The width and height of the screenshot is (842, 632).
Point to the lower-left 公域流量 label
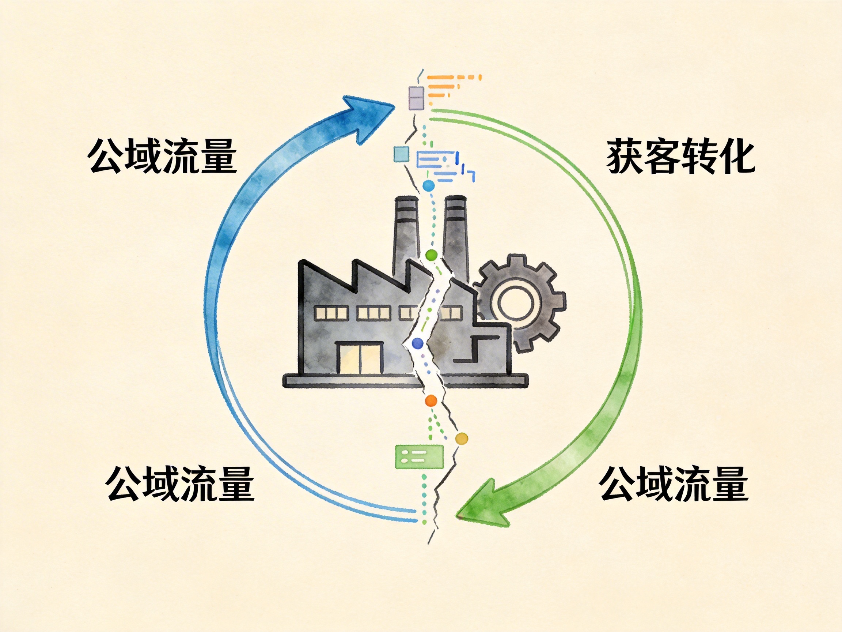coord(180,484)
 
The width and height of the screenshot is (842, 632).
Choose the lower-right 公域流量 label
coord(674,484)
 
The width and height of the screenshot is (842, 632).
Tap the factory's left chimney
coord(406,236)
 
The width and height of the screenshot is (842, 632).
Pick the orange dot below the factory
coord(431,400)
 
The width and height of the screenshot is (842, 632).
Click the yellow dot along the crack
coord(461,439)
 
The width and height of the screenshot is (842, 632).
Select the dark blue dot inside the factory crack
coord(418,343)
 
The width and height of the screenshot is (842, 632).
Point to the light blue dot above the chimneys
coord(429,186)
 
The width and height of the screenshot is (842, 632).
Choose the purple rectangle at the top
coord(416,98)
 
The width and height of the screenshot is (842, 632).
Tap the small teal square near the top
coord(401,154)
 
